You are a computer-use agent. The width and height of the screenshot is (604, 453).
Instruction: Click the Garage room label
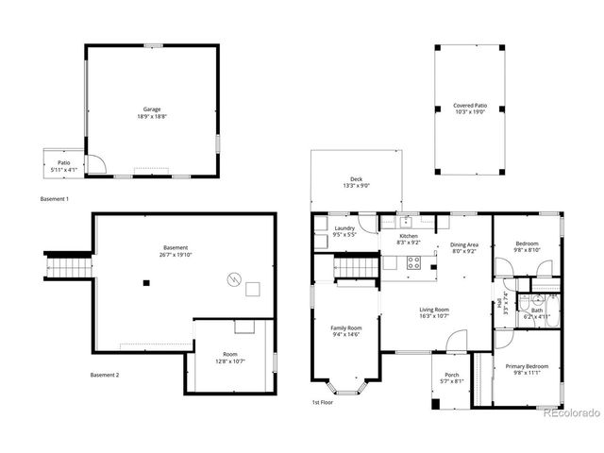(x=150, y=109)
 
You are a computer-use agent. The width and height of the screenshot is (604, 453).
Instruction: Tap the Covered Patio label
(x=469, y=106)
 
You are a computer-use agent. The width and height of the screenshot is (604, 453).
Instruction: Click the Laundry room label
(x=344, y=227)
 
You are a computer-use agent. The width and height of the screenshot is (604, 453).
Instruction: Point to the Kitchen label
(x=408, y=236)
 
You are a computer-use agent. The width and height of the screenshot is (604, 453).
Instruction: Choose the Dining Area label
(x=463, y=244)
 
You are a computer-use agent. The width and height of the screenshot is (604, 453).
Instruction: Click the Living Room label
(x=434, y=310)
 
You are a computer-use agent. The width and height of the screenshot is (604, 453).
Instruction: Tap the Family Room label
(x=346, y=328)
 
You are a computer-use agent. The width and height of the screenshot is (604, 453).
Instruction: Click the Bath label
(x=536, y=310)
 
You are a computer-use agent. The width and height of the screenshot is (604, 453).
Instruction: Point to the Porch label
(x=452, y=375)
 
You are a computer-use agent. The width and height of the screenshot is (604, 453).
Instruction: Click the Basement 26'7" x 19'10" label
(x=175, y=248)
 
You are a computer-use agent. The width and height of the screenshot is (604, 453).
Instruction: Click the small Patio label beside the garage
(x=64, y=163)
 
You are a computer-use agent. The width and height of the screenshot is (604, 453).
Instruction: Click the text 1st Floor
(x=323, y=402)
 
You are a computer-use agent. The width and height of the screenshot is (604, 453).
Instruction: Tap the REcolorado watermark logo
(x=571, y=411)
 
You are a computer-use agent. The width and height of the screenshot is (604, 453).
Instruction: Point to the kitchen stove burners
(x=413, y=261)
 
